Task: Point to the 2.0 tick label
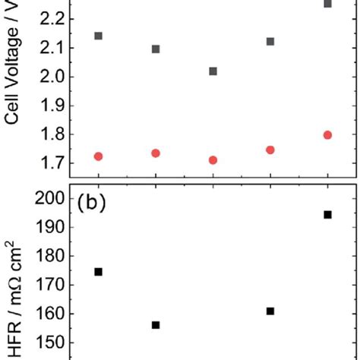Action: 49,77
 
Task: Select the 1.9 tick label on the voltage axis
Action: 49,106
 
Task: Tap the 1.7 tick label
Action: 49,163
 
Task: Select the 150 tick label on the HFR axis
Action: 46,343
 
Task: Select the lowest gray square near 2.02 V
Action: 213,71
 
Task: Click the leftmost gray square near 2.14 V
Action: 98,36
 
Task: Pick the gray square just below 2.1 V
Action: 156,49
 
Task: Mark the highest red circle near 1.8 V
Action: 328,135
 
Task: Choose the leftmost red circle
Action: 98,156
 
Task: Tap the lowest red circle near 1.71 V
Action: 213,160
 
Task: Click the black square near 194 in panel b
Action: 328,215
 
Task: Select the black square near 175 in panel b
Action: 98,272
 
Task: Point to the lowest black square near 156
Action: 156,325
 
